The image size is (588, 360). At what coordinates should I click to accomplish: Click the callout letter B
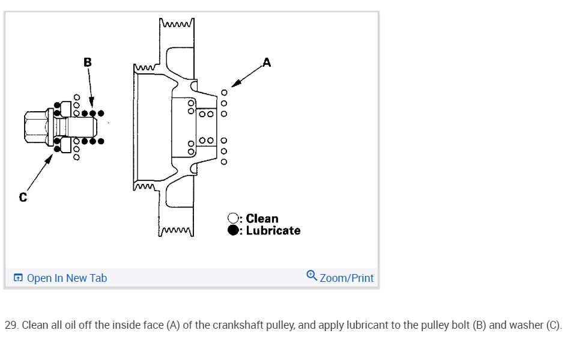88,61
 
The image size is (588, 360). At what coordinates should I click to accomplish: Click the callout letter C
23,197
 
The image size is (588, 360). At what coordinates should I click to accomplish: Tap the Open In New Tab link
67,278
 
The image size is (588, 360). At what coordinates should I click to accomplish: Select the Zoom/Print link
347,278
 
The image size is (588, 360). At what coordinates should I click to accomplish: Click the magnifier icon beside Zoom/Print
311,276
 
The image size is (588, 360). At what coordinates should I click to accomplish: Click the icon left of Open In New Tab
18,278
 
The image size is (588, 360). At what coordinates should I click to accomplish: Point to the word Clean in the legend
262,219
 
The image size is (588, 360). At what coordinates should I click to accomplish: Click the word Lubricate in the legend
273,230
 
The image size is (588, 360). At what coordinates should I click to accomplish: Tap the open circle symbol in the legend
234,219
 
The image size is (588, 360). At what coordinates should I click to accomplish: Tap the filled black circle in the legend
234,230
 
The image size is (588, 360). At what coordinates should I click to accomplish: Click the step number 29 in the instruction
11,326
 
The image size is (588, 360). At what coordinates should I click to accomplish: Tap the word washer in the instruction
526,326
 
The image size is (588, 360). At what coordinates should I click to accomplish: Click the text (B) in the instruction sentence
477,326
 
